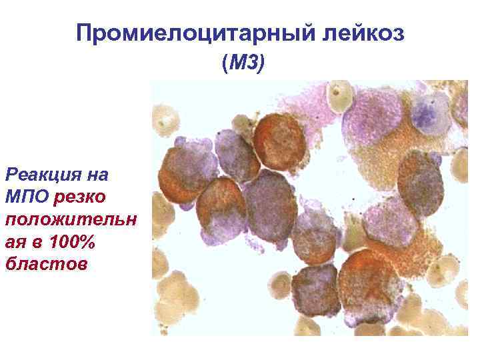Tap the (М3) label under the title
point(243,64)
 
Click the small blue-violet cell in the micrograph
point(430,113)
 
